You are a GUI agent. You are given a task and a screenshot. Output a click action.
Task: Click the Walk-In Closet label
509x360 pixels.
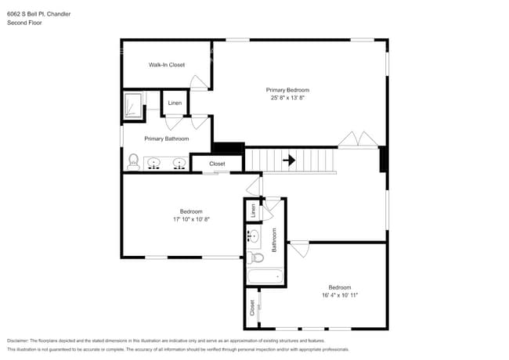(x=167, y=65)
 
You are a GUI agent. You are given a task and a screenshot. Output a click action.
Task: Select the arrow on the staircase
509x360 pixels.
(x=289, y=160)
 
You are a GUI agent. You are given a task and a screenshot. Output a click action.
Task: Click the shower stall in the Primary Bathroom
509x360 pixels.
(x=134, y=105)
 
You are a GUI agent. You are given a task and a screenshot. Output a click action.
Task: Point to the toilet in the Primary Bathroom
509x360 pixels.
(x=133, y=163)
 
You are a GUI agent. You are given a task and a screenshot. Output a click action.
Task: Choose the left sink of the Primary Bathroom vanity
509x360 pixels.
(x=154, y=164)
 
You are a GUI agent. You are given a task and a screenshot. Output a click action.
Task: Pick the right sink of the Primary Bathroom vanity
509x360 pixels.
(x=179, y=164)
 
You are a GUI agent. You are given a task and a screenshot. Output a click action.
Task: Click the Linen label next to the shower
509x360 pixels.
(x=175, y=103)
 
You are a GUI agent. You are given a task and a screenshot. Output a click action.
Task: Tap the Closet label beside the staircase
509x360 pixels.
(x=217, y=164)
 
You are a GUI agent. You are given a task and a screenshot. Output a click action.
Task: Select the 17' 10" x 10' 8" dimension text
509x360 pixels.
(x=192, y=219)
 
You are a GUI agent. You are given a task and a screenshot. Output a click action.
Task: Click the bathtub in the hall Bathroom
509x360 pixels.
(x=265, y=276)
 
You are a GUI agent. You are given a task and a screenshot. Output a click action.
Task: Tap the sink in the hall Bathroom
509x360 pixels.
(x=253, y=236)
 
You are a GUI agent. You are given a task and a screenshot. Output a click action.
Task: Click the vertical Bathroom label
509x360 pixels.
(x=274, y=239)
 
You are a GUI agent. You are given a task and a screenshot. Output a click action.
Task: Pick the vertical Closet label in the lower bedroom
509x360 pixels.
(x=252, y=308)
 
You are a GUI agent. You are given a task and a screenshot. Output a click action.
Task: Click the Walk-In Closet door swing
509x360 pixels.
(x=200, y=82)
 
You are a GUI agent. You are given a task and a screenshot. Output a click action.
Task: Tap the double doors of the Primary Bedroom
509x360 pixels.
(x=358, y=139)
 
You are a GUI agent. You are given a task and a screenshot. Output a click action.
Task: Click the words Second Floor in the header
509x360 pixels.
(x=24, y=23)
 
